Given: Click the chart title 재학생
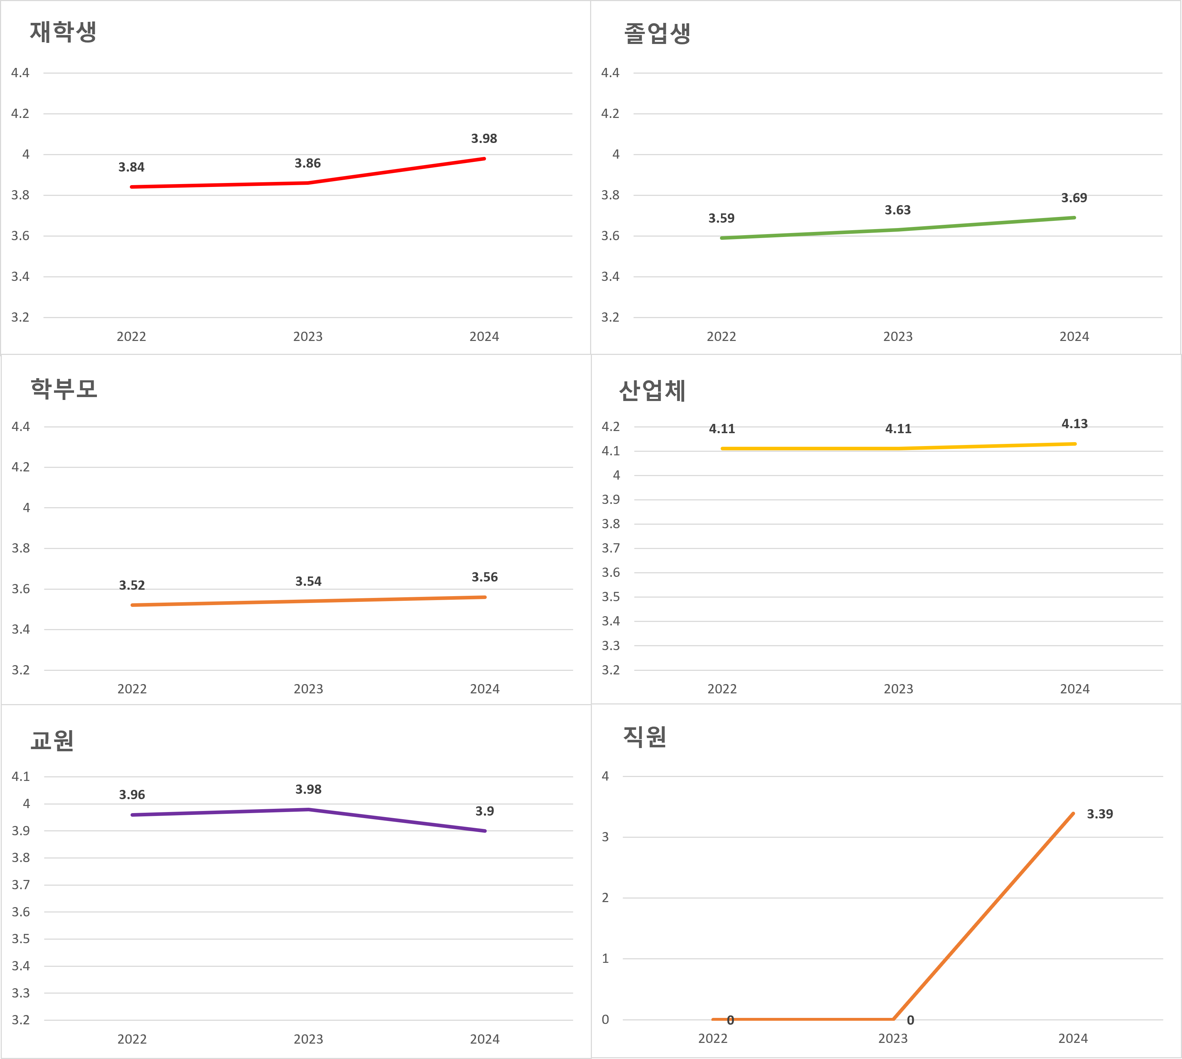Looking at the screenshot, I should point(63,32).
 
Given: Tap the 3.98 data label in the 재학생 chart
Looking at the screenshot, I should point(484,138).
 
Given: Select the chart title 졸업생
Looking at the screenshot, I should point(657,33).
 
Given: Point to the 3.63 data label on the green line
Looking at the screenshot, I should point(897,210).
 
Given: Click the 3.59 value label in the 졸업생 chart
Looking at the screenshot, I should point(721,218).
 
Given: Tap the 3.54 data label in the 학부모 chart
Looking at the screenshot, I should point(308,581).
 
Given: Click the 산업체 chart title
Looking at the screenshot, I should point(652,390).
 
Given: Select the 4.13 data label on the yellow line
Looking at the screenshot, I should point(1074,424).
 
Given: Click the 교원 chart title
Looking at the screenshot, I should point(52,740).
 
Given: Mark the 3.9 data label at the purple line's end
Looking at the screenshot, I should point(485,811).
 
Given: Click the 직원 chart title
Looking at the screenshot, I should point(644,737).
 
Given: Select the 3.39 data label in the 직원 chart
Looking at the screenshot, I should point(1099,814).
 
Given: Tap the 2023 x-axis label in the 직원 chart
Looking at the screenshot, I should point(893,1039).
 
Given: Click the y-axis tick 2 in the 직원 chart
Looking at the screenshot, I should point(605,898).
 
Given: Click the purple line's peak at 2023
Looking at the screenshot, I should point(308,810).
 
